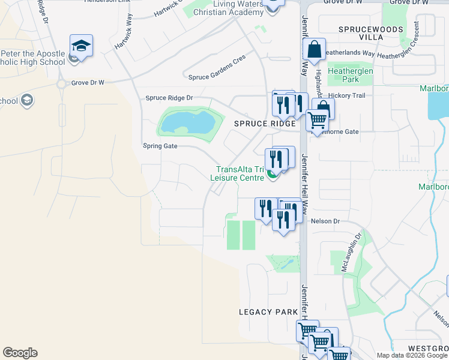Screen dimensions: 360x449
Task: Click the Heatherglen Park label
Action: tap(352, 75)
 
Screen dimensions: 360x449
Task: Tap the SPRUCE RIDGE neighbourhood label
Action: tap(265, 124)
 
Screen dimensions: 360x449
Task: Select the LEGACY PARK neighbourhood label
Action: tap(268, 312)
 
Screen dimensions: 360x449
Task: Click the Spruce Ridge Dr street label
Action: tap(169, 98)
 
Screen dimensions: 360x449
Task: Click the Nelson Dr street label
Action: tap(325, 221)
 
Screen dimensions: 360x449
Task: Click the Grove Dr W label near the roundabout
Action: tap(88, 82)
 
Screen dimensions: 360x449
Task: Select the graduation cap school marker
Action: tap(81, 46)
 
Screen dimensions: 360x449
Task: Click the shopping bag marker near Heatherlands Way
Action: tap(314, 49)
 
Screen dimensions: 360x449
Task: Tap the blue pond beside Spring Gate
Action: tap(186, 124)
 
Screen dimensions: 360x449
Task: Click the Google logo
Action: tap(20, 353)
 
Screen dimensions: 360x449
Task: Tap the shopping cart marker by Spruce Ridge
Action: tap(317, 119)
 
